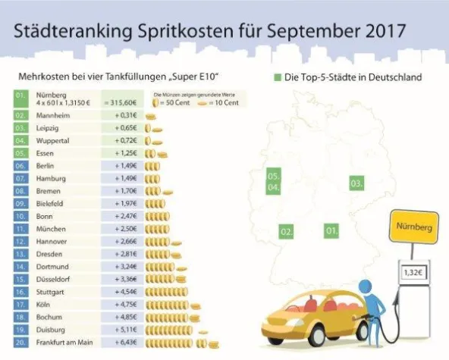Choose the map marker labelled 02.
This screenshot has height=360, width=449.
pyautogui.click(x=287, y=230)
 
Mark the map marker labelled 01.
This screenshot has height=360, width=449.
pyautogui.click(x=331, y=230)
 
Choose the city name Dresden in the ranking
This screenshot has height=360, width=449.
pyautogui.click(x=49, y=255)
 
